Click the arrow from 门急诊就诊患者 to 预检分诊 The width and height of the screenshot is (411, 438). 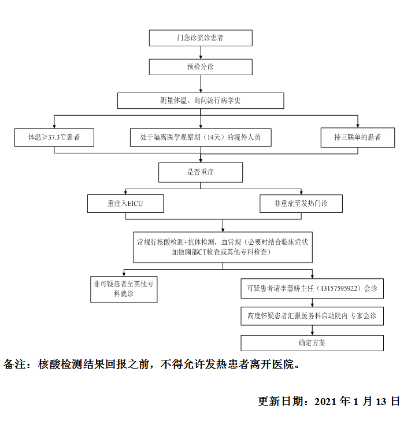(x=201, y=53)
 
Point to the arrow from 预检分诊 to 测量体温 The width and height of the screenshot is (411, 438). (x=201, y=84)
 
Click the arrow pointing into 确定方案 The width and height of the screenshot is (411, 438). (x=312, y=330)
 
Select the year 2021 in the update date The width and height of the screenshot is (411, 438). (x=325, y=402)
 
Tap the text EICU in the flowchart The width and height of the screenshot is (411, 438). (x=135, y=204)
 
